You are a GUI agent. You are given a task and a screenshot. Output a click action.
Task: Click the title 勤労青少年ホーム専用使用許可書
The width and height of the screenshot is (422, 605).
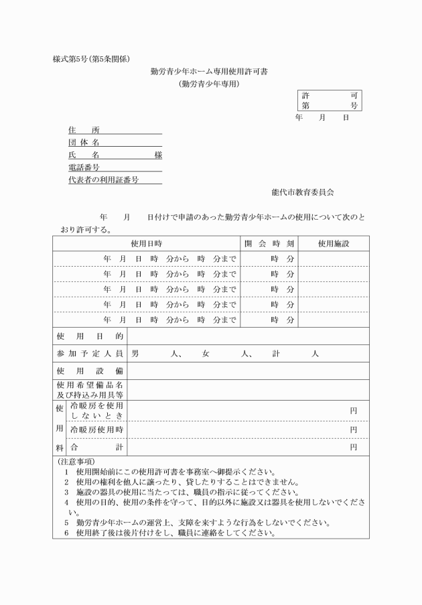click(x=209, y=72)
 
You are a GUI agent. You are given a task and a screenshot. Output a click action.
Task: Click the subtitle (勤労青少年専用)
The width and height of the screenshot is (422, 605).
click(x=209, y=84)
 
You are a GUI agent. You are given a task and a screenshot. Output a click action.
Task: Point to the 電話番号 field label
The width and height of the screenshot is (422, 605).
click(x=84, y=167)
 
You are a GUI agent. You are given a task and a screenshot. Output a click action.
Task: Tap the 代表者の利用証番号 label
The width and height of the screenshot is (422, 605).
click(x=103, y=180)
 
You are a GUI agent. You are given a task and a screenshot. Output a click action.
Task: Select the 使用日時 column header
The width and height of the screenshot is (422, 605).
click(x=146, y=243)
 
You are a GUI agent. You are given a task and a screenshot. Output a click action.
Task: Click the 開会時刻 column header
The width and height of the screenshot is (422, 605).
click(x=269, y=243)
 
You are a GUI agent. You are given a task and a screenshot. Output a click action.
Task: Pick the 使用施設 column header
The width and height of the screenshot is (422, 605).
click(x=334, y=243)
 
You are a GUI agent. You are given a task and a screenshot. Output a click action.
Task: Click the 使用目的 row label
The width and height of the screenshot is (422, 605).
click(x=90, y=336)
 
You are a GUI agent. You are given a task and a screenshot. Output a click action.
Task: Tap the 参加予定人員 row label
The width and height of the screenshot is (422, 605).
click(x=90, y=353)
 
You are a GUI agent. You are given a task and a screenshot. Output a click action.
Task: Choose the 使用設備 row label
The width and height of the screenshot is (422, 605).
click(x=90, y=371)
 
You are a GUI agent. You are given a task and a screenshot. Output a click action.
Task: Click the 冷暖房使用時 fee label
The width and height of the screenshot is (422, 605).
click(x=96, y=429)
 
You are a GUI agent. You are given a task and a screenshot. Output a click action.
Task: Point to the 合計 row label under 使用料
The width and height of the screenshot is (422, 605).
click(x=96, y=447)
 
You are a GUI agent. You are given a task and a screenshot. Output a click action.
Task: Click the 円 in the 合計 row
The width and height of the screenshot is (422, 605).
click(x=353, y=447)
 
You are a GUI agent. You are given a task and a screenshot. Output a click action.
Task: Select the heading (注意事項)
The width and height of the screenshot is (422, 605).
click(x=76, y=462)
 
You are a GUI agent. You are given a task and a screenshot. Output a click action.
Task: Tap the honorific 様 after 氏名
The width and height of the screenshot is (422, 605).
click(x=158, y=155)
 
